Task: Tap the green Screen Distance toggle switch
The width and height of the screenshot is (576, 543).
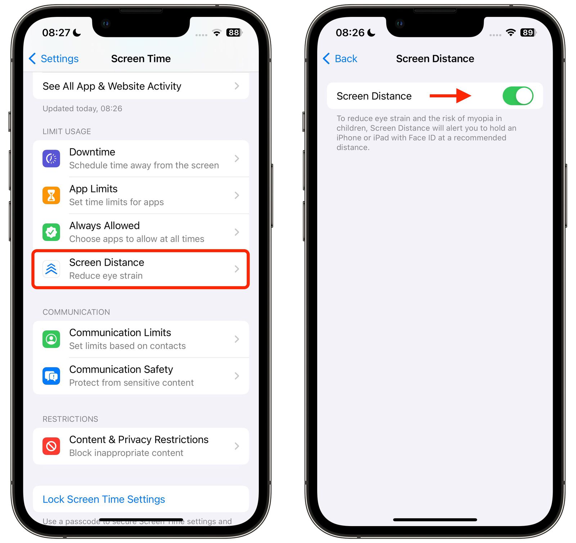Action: tap(518, 96)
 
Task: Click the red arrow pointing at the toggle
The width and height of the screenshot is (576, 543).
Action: tap(450, 96)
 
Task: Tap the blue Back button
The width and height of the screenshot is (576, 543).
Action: tap(340, 59)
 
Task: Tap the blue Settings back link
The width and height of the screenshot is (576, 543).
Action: tap(54, 59)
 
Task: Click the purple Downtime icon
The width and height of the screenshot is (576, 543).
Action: tap(51, 159)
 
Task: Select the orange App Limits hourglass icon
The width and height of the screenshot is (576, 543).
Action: tap(51, 195)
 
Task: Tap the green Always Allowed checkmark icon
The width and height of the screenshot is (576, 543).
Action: tap(51, 232)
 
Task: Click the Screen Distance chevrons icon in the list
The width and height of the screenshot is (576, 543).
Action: tap(51, 269)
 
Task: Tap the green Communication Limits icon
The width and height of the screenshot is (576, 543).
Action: tap(51, 339)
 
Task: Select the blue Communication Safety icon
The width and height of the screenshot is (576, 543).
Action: tap(51, 376)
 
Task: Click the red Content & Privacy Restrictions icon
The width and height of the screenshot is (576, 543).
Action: tap(51, 446)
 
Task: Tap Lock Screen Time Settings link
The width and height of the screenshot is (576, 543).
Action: tap(104, 499)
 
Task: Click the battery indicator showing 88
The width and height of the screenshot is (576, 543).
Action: tap(234, 33)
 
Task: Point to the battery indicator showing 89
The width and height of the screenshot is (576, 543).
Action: tap(528, 33)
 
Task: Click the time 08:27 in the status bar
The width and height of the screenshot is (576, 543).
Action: tap(56, 33)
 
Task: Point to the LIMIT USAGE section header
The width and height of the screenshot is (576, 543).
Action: tap(67, 132)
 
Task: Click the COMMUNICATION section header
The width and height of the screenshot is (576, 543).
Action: tap(76, 312)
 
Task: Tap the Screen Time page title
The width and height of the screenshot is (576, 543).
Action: tap(141, 59)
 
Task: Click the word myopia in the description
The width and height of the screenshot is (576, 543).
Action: tap(480, 118)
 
